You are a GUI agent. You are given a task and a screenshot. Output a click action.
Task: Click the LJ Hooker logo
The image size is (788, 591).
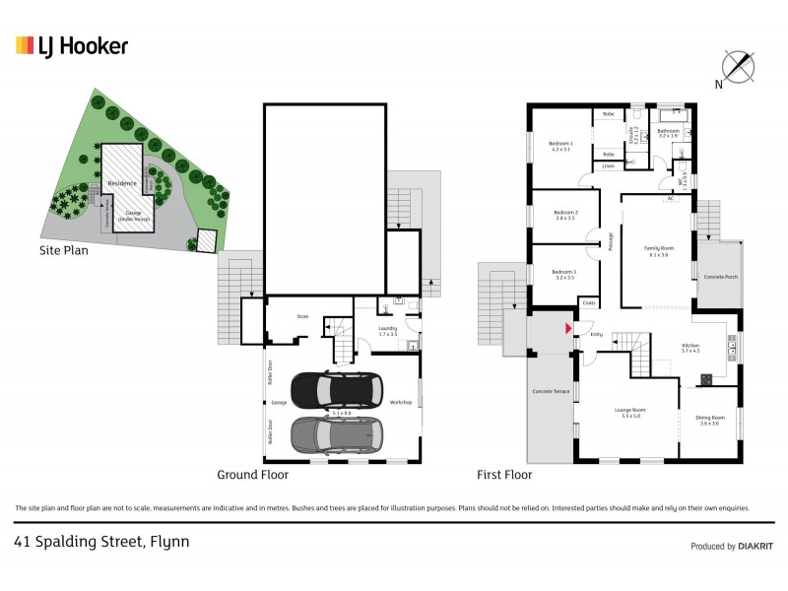(71, 45)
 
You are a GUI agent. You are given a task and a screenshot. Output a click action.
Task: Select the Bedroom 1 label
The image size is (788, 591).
(560, 147)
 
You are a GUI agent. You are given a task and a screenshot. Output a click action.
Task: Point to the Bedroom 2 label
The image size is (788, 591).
(564, 215)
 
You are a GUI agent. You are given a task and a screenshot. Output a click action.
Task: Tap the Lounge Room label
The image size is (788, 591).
(629, 412)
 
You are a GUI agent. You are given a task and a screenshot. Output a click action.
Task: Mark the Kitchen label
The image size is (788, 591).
(690, 347)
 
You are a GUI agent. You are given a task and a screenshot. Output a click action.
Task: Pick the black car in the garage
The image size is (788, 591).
(335, 390)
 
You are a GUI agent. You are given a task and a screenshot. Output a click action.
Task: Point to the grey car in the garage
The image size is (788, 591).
(335, 432)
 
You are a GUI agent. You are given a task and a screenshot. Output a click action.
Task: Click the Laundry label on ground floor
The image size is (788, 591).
(387, 331)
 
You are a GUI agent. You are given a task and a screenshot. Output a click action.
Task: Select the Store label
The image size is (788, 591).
(303, 316)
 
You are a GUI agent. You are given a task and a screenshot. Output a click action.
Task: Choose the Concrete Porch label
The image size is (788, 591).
(721, 277)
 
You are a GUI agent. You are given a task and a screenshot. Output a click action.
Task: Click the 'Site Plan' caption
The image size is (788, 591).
(63, 250)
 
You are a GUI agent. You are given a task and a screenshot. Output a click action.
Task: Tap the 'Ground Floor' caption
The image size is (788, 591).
(252, 474)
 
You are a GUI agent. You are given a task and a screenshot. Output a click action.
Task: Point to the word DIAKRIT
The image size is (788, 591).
(755, 547)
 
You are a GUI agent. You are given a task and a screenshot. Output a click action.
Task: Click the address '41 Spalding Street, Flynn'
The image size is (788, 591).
(101, 541)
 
